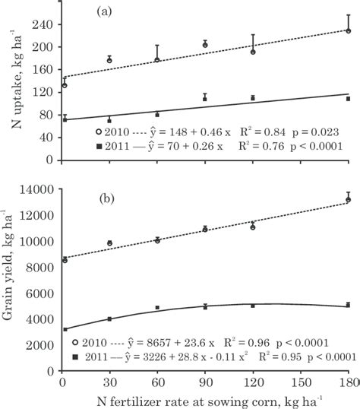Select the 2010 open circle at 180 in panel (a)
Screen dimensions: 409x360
point(348,31)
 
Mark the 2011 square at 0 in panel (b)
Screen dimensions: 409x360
point(63,329)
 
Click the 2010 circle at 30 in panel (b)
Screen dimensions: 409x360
point(110,243)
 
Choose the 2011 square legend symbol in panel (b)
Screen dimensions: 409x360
point(74,355)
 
